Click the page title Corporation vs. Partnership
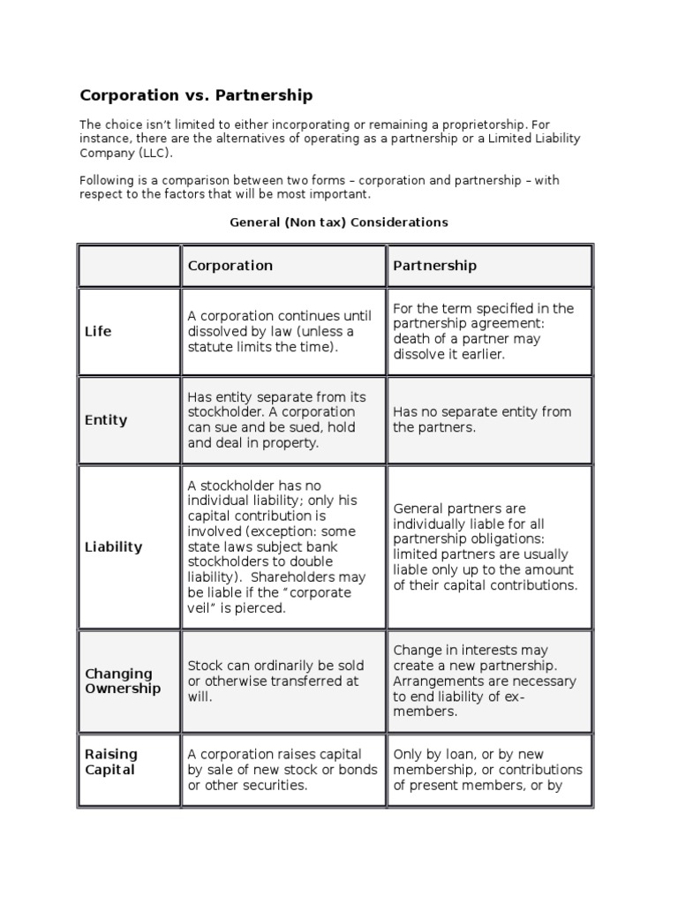tap(196, 94)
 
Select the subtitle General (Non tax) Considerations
tap(339, 222)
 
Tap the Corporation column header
tap(230, 266)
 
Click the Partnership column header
tap(434, 266)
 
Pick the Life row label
tap(98, 332)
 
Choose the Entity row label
tap(106, 420)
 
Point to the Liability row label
tap(113, 546)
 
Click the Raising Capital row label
tap(111, 762)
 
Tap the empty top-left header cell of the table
tap(129, 266)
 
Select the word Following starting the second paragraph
tap(107, 180)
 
